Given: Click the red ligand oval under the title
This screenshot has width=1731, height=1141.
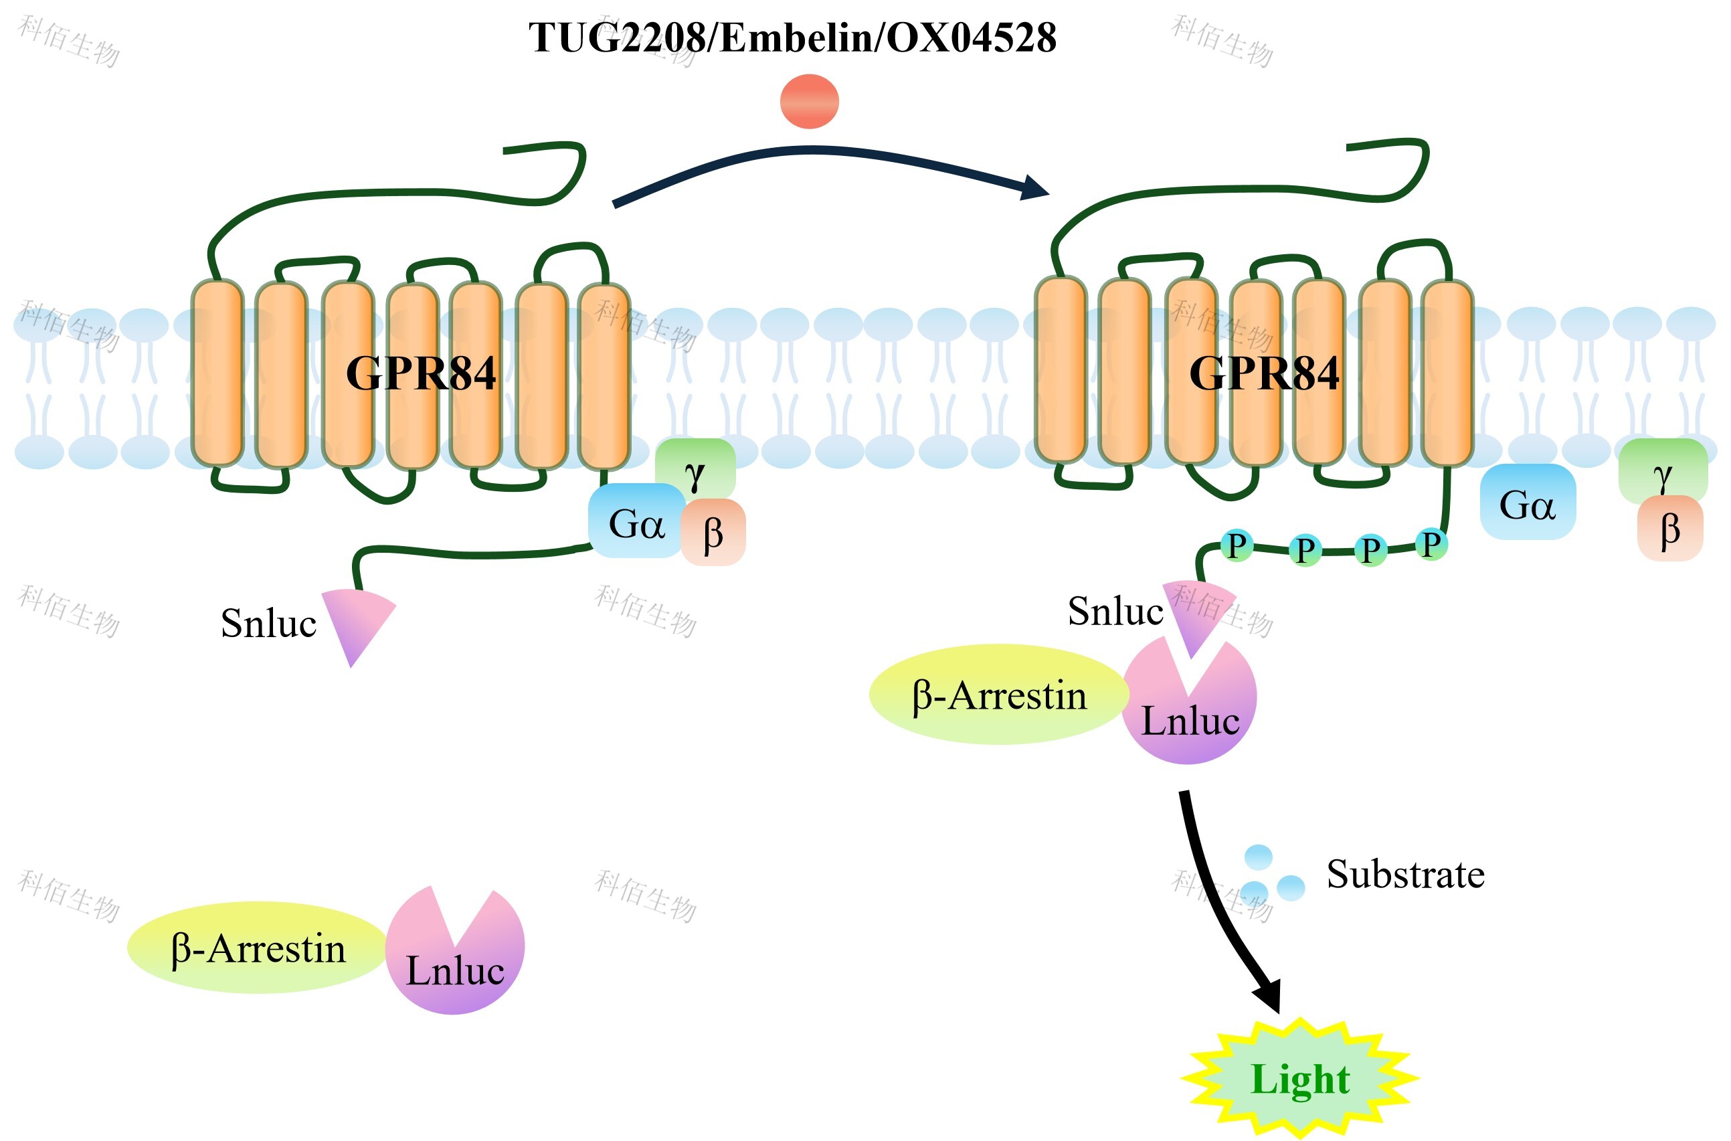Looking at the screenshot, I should pos(809,101).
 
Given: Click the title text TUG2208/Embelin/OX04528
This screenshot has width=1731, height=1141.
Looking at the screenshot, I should pos(792,38).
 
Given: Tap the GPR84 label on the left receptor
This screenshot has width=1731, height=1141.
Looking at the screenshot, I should pos(421,373).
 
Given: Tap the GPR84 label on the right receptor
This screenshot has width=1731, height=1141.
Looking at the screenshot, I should pos(1264,373).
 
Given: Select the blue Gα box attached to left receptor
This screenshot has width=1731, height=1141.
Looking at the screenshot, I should pos(634,522).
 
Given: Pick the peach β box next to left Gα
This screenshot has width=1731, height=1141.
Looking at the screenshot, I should pos(714,533).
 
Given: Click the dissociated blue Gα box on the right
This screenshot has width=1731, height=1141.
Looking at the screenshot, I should pos(1528,503).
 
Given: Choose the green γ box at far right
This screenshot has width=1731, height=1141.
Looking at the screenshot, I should pos(1663,469).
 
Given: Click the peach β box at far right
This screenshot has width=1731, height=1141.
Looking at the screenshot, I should pos(1670,530).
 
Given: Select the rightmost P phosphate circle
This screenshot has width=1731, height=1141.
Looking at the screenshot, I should pos(1431,543).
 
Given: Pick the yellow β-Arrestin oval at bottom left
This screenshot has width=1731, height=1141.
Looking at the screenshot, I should pos(257,948).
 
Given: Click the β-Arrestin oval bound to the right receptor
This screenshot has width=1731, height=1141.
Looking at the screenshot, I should pos(998,694).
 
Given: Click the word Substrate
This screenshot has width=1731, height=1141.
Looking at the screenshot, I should pos(1405,874).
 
